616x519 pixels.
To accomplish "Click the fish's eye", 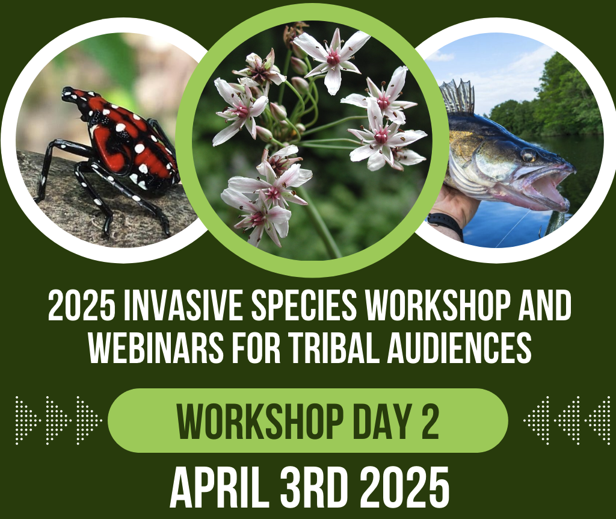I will click(x=528, y=155).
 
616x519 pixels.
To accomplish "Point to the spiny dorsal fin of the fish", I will click(x=457, y=96).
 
